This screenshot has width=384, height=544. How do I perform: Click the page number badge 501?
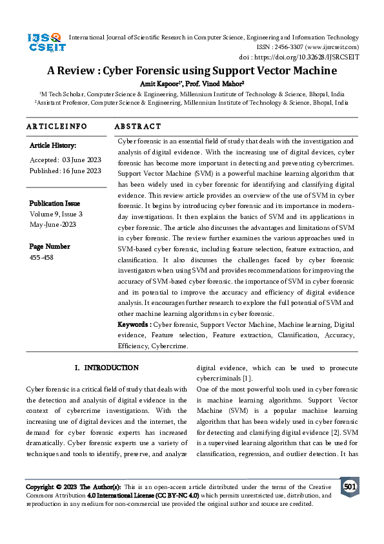(x=349, y=486)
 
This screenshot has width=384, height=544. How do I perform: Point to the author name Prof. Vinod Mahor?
(x=212, y=83)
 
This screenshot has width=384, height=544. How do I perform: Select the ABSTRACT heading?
(x=137, y=127)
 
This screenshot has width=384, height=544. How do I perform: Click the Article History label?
(x=53, y=146)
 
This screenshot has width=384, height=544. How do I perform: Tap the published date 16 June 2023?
(x=80, y=171)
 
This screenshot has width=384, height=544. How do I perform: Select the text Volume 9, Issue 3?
(x=56, y=214)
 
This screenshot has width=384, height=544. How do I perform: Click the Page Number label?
(x=50, y=246)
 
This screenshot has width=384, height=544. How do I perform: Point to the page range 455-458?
(x=41, y=258)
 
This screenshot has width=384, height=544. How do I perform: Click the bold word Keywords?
(x=133, y=324)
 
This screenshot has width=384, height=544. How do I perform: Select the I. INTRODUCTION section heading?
(x=106, y=368)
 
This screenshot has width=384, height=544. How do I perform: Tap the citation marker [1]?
(x=247, y=379)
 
